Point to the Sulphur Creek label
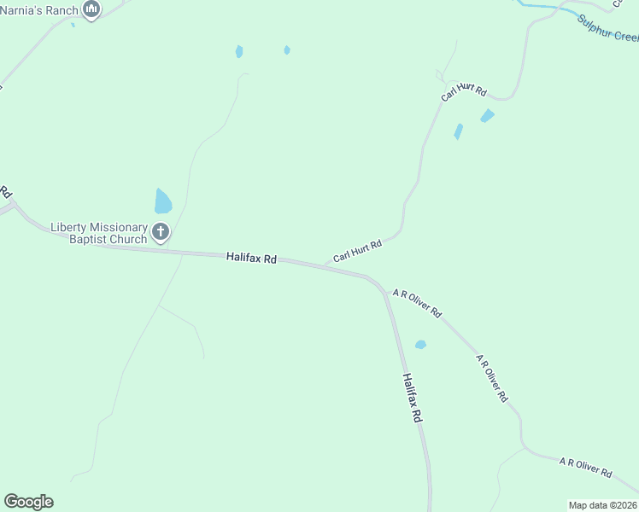(607, 28)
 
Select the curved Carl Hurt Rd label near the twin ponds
(464, 93)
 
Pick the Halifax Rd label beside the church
(251, 257)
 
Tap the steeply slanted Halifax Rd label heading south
(413, 399)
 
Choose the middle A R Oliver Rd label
(492, 378)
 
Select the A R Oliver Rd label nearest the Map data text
(586, 468)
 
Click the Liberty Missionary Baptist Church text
(98, 233)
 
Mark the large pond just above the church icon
(162, 202)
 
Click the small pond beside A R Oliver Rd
(420, 345)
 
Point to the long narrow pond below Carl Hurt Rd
(459, 131)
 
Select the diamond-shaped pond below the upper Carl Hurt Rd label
(487, 115)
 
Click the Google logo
(28, 502)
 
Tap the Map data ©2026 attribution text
(602, 505)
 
